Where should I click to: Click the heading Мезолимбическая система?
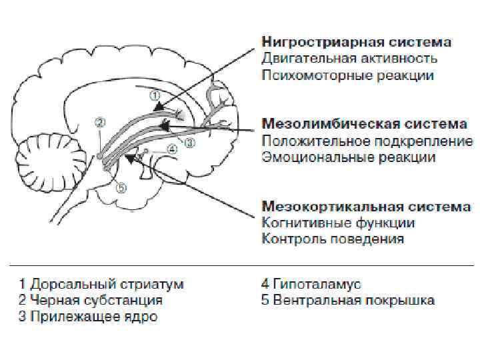[x=364, y=124]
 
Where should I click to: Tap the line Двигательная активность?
[x=349, y=59]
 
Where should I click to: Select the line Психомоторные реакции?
[x=347, y=75]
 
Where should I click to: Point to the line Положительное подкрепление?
[x=367, y=141]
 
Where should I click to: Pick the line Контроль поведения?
[x=332, y=239]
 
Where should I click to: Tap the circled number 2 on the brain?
[x=100, y=123]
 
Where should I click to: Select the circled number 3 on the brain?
[x=189, y=142]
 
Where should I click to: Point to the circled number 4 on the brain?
[x=172, y=149]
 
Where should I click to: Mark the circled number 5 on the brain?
[x=120, y=188]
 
